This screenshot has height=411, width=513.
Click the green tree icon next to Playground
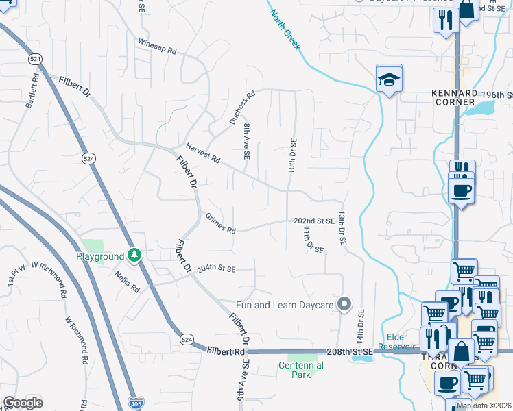pos(135,256)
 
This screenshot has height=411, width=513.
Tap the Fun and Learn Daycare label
pos(284,304)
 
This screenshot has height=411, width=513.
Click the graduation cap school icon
pos(388,79)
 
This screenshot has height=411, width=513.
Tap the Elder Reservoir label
pos(398,341)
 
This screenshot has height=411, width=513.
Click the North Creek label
pos(285,29)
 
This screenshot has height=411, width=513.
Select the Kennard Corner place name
pos(453,97)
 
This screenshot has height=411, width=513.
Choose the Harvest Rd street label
pos(202,154)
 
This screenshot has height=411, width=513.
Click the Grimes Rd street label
pos(220,223)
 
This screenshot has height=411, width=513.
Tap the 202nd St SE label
pos(313,221)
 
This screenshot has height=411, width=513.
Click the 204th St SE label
pos(216,269)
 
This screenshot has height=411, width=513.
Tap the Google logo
pos(23,403)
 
